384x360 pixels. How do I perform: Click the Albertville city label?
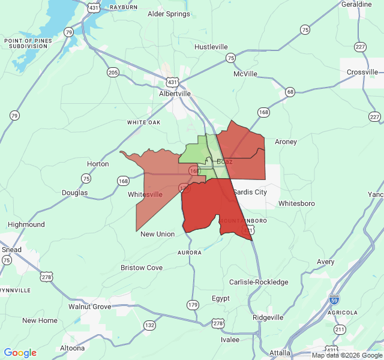tap(175, 94)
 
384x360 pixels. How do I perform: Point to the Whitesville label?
tap(145, 194)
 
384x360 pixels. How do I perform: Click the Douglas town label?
tap(74, 193)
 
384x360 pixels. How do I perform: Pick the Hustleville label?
tap(211, 47)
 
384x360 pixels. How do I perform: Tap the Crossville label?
tap(362, 72)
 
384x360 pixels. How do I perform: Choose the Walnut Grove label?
tap(89, 307)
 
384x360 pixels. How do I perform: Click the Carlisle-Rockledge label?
tap(259, 282)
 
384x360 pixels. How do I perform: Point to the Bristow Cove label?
tap(142, 268)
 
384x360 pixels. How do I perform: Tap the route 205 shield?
tap(113, 73)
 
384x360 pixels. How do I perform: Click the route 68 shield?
tap(290, 92)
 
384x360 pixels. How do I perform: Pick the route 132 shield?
tap(149, 325)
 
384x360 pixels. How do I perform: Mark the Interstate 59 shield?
tap(334, 299)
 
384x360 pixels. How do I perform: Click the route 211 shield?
tap(340, 329)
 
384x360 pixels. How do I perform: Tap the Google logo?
tap(20, 353)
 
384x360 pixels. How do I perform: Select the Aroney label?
tap(286, 142)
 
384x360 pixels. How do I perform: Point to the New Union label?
tap(157, 234)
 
